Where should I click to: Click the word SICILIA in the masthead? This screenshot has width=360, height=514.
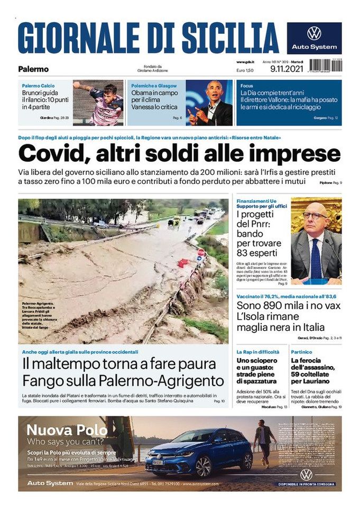(x=230, y=38)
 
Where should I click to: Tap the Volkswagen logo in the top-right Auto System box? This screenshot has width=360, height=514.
(x=314, y=33)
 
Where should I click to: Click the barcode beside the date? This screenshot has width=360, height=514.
(x=325, y=66)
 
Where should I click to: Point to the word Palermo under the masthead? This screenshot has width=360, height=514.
(x=33, y=69)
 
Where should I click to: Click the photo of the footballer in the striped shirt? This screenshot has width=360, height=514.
(x=98, y=102)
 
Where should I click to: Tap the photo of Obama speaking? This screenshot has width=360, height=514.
(x=209, y=102)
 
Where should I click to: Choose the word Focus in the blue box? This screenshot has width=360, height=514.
(x=247, y=86)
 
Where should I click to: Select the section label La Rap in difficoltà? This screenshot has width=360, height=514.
(x=258, y=351)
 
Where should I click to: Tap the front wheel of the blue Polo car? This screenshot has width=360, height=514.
(x=204, y=466)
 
